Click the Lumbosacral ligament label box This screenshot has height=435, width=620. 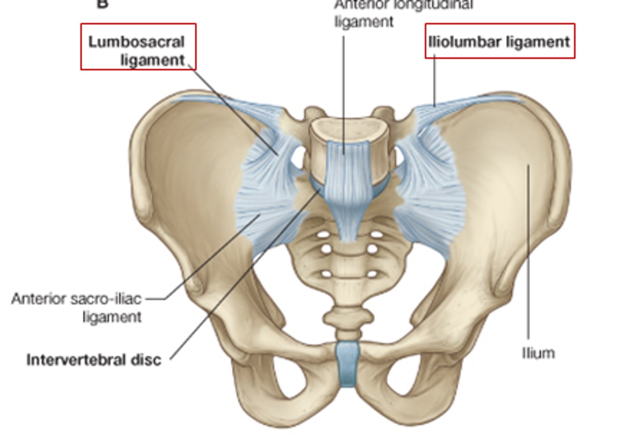click(138, 47)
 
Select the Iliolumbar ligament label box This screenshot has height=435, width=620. click(500, 41)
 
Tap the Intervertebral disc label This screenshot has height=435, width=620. click(94, 360)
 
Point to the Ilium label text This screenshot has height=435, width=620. click(538, 353)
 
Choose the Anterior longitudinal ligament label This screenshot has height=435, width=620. click(403, 13)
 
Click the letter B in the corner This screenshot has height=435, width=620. click(102, 4)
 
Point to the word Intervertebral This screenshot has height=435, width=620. click(76, 360)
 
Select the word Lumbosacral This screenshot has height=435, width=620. click(136, 42)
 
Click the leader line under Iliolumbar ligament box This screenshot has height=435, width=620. click(434, 82)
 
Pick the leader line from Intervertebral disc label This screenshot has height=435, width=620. click(241, 280)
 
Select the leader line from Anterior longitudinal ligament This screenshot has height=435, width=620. click(344, 95)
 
